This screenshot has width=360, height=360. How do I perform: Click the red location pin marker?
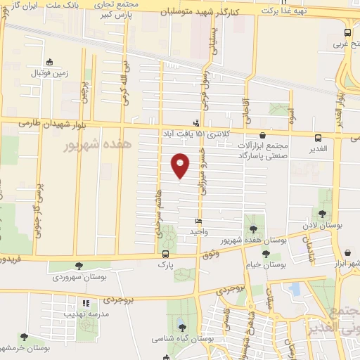pyautogui.click(x=180, y=165)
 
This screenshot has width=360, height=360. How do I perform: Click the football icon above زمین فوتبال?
pyautogui.click(x=49, y=62)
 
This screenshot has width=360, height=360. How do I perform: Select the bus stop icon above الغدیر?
pyautogui.click(x=319, y=138)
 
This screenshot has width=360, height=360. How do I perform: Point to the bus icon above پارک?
pyautogui.click(x=165, y=255)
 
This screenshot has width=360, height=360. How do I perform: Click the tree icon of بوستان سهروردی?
pyautogui.click(x=78, y=266)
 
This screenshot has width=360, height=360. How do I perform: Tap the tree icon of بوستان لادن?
pyautogui.click(x=322, y=214)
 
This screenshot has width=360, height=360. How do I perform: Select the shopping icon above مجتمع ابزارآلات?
pyautogui.click(x=262, y=136)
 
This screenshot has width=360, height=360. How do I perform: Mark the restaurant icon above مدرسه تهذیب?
pyautogui.click(x=85, y=303)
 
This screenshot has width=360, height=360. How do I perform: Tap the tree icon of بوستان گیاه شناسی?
pyautogui.click(x=182, y=328)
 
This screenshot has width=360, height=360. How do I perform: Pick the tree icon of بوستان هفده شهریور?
pyautogui.click(x=253, y=229)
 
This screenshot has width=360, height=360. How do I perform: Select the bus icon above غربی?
pyautogui.click(x=347, y=32)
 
